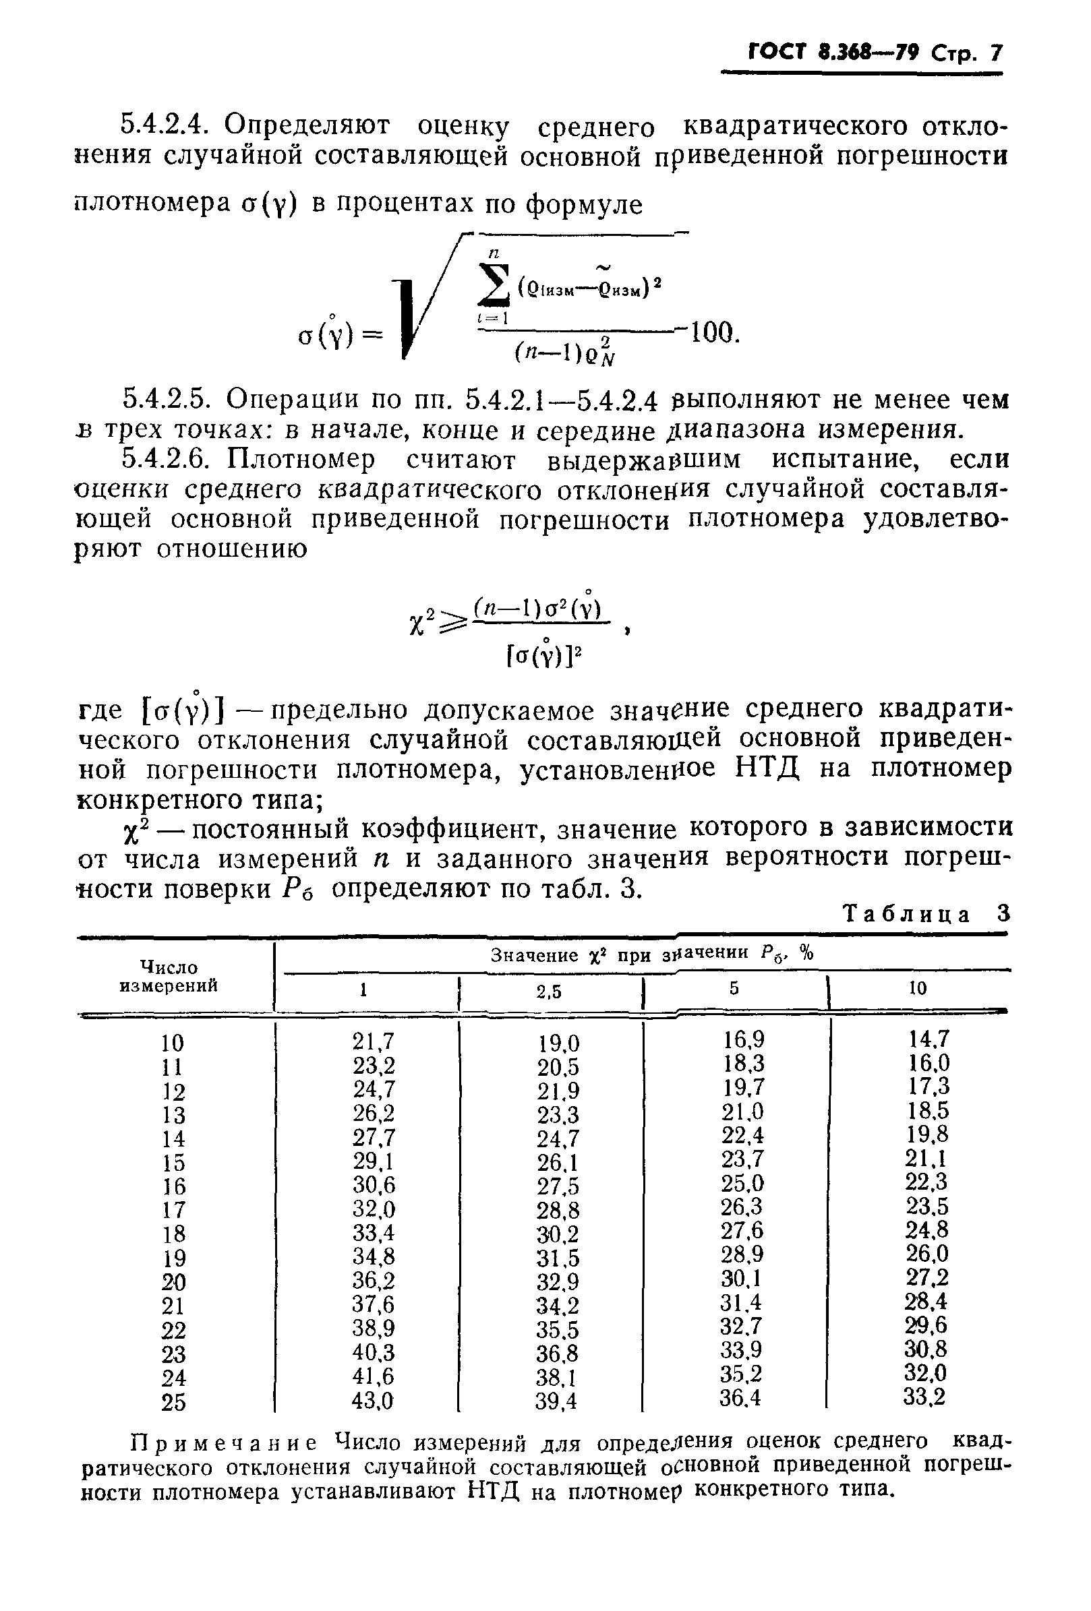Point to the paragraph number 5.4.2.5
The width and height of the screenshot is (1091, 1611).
click(x=166, y=399)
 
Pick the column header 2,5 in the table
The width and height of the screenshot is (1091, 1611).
click(x=549, y=992)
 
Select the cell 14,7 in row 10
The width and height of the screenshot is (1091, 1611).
click(x=928, y=1039)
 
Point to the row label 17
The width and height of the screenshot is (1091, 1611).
click(x=173, y=1211)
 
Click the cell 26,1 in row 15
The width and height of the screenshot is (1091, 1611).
click(x=557, y=1163)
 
